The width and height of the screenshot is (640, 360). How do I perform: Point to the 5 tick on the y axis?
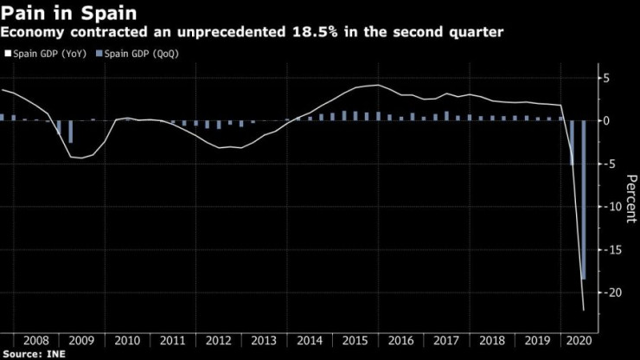click(x=607, y=78)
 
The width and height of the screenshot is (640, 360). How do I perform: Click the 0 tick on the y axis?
click(x=607, y=121)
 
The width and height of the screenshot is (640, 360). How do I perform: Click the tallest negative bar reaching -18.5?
click(x=583, y=199)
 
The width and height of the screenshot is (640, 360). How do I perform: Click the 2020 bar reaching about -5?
click(x=572, y=143)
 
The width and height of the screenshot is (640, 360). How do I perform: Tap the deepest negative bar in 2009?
click(x=70, y=132)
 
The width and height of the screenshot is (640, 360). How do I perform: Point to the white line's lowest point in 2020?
click(x=583, y=309)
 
